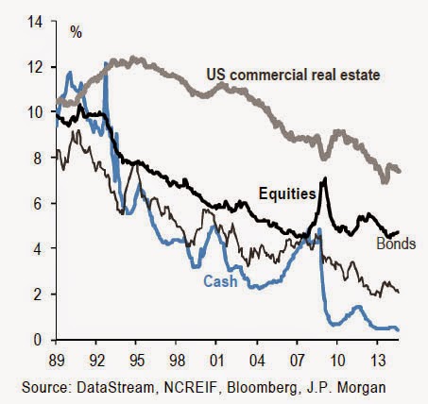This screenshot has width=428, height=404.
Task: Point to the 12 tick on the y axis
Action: coord(35,67)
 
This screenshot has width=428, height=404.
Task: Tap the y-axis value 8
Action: coord(38,158)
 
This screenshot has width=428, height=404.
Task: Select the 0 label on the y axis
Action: coord(38,340)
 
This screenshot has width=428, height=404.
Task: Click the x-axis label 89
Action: coord(57,361)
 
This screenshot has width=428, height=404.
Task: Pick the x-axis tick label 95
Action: coord(136,361)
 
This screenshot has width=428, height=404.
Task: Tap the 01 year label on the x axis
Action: coord(217,361)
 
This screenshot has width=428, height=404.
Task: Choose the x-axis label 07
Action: coord(298,361)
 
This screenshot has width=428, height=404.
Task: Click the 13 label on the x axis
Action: coord(378,361)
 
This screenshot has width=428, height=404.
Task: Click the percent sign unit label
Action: coord(76,32)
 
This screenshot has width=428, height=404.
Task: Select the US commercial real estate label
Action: coord(293,76)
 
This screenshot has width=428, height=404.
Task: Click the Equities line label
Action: coord(287,194)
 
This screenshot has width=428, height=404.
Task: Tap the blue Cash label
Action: coord(220,281)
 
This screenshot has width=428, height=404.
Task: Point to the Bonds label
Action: coord(396,244)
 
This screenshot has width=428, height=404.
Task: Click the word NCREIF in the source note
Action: coord(191,387)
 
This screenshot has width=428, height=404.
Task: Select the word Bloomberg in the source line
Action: coord(262,388)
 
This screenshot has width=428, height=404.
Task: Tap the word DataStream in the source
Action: coord(114,387)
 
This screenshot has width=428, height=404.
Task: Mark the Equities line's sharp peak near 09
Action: coord(324,178)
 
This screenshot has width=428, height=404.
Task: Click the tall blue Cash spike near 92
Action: coord(106,63)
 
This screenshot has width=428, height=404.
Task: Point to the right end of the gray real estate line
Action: coord(399,171)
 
